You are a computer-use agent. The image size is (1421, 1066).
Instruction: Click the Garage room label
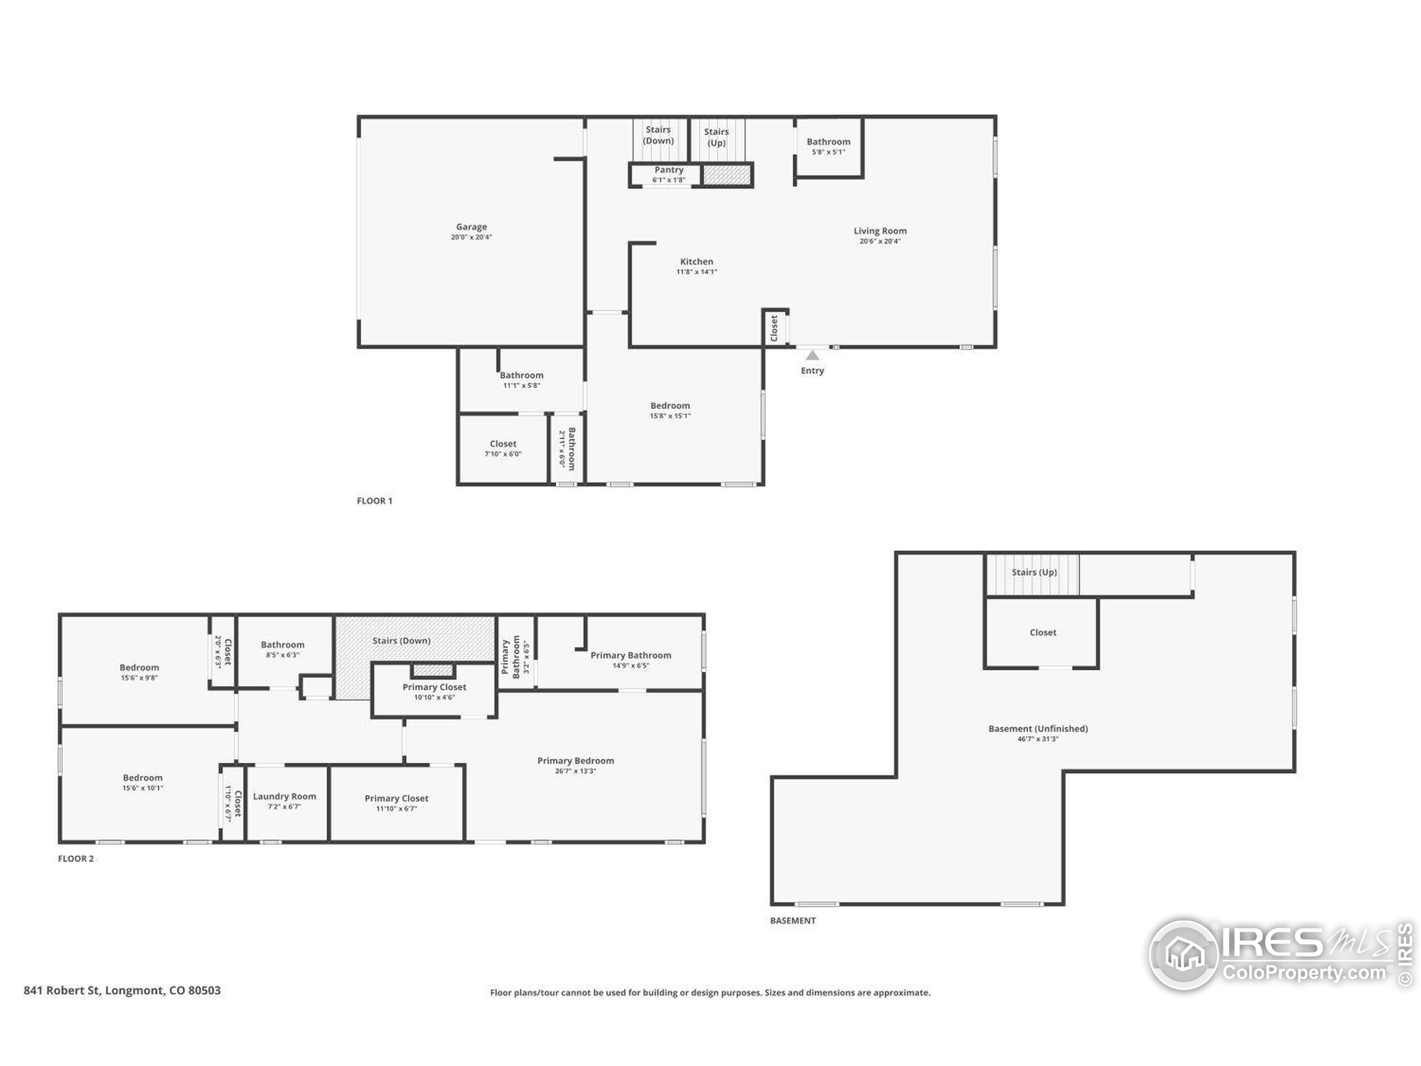[471, 227]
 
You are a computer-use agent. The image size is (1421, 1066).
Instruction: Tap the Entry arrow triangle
[813, 355]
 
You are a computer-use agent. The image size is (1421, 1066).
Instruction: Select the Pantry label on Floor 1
[669, 170]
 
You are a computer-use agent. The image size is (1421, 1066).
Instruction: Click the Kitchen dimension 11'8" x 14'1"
[697, 272]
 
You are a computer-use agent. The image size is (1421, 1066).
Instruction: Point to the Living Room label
[880, 230]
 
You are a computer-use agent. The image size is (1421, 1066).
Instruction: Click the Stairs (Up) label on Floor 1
[716, 138]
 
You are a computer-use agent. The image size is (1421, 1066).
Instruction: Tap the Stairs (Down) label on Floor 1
[658, 135]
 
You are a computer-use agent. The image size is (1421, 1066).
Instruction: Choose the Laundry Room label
[285, 796]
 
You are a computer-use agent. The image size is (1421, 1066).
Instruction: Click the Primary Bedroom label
[576, 761]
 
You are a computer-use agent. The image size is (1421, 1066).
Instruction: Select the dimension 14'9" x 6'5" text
[631, 666]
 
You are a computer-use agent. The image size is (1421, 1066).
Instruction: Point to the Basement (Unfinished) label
[1038, 728]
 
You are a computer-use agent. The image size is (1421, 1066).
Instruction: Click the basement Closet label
[1043, 632]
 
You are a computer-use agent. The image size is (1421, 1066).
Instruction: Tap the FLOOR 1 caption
[375, 501]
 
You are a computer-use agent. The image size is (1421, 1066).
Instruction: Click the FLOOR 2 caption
[76, 858]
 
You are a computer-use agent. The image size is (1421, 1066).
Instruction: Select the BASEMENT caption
[793, 920]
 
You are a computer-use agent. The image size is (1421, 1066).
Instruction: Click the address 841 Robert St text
[62, 990]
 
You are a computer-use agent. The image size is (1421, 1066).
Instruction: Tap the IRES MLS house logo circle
[1183, 955]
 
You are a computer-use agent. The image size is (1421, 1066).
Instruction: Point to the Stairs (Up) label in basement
[1034, 572]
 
